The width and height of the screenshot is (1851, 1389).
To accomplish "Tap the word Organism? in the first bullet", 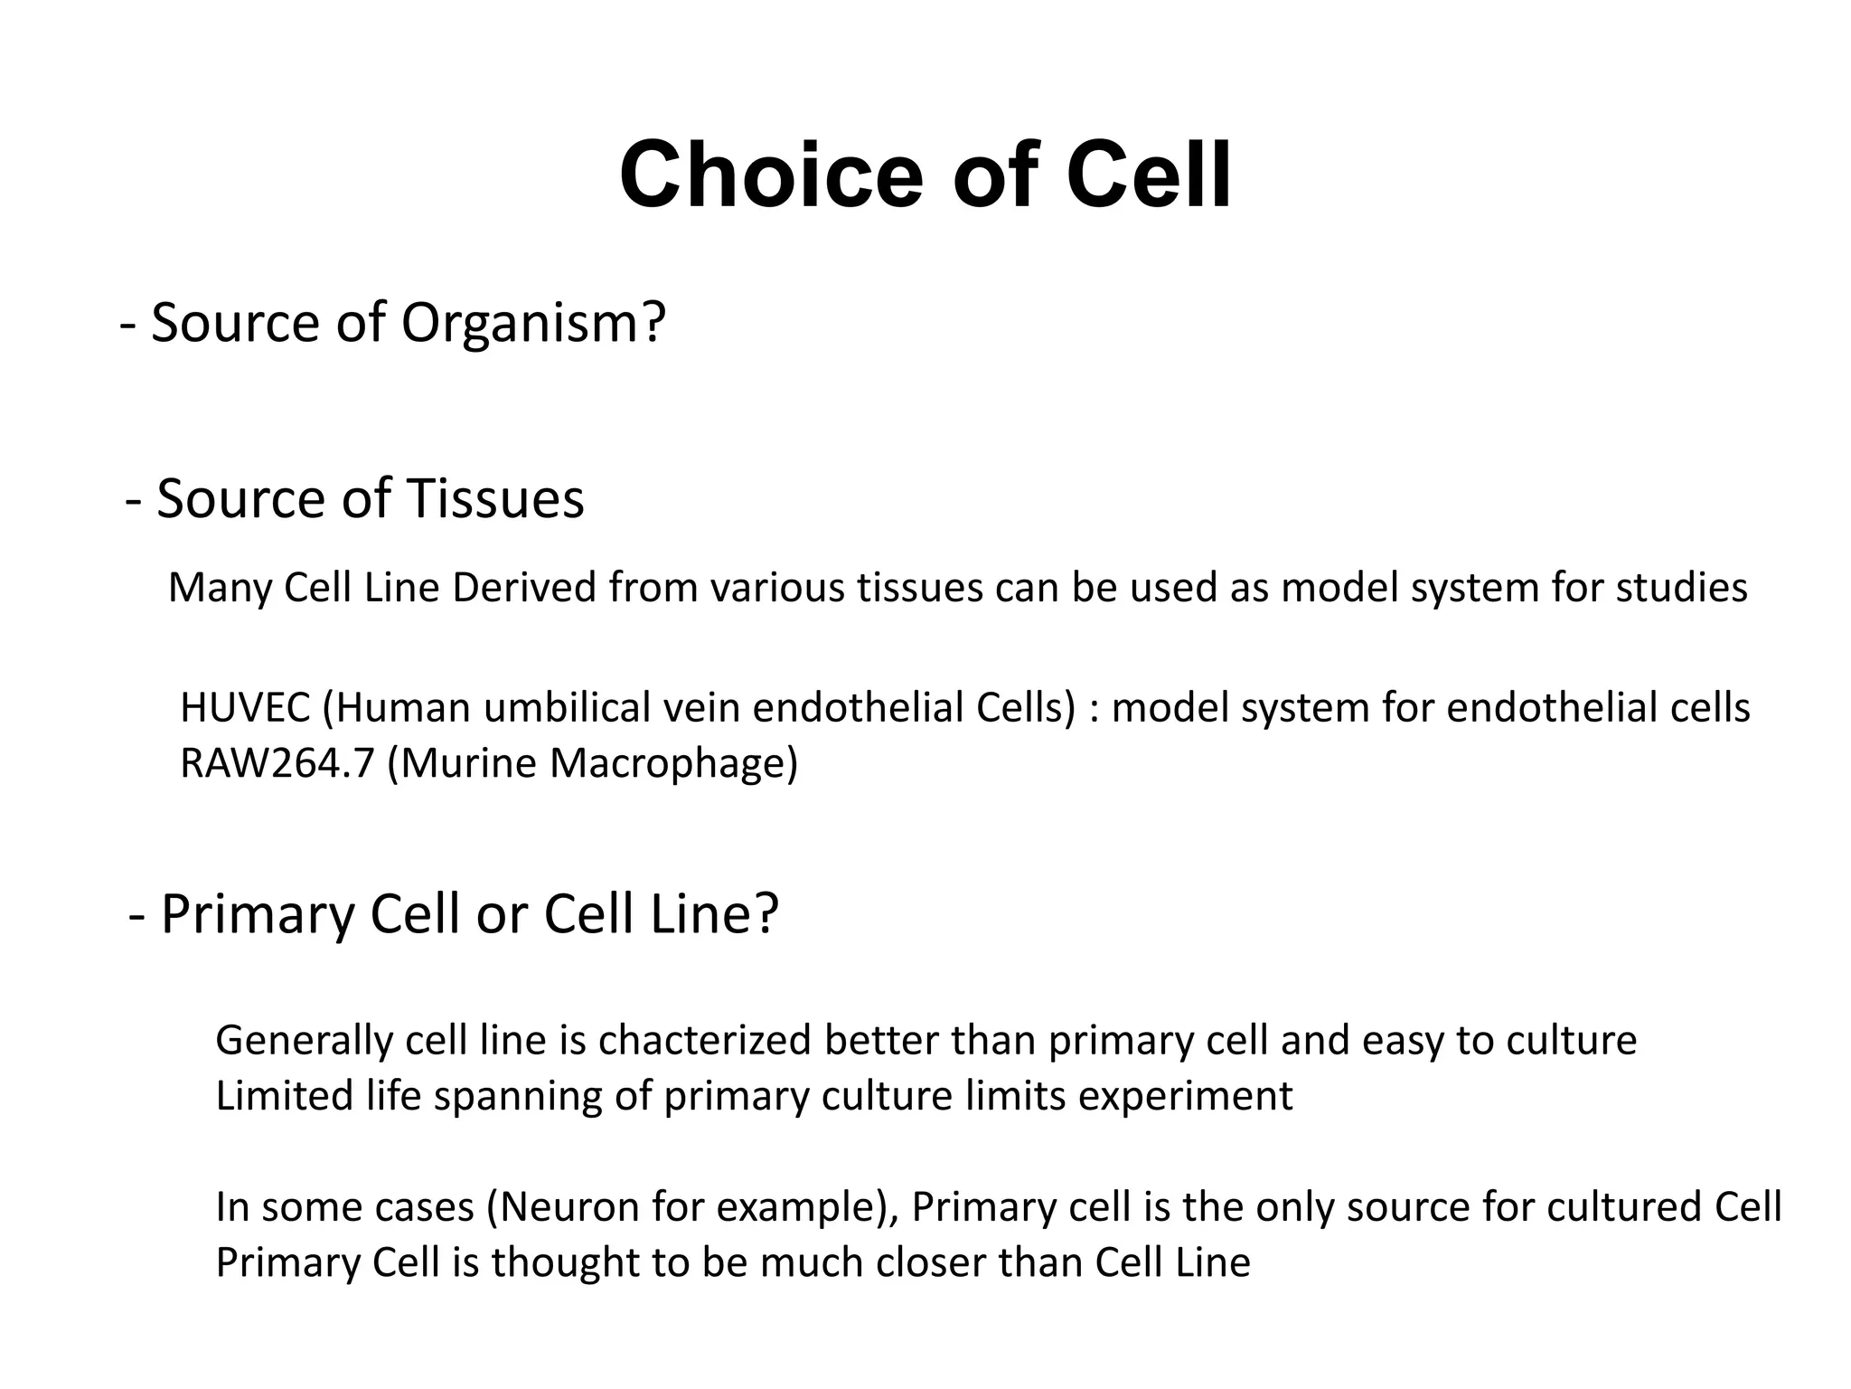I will [x=533, y=323].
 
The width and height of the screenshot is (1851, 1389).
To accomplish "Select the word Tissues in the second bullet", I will [x=494, y=498].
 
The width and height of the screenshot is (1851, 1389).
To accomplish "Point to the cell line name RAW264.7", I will [x=277, y=764].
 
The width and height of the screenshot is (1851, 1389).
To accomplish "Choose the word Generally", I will [x=304, y=1041].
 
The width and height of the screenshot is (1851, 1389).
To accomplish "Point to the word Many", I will [x=220, y=589].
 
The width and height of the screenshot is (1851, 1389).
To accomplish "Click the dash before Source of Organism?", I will [x=127, y=325].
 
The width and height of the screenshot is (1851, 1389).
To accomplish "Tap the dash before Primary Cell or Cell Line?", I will [x=137, y=915].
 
